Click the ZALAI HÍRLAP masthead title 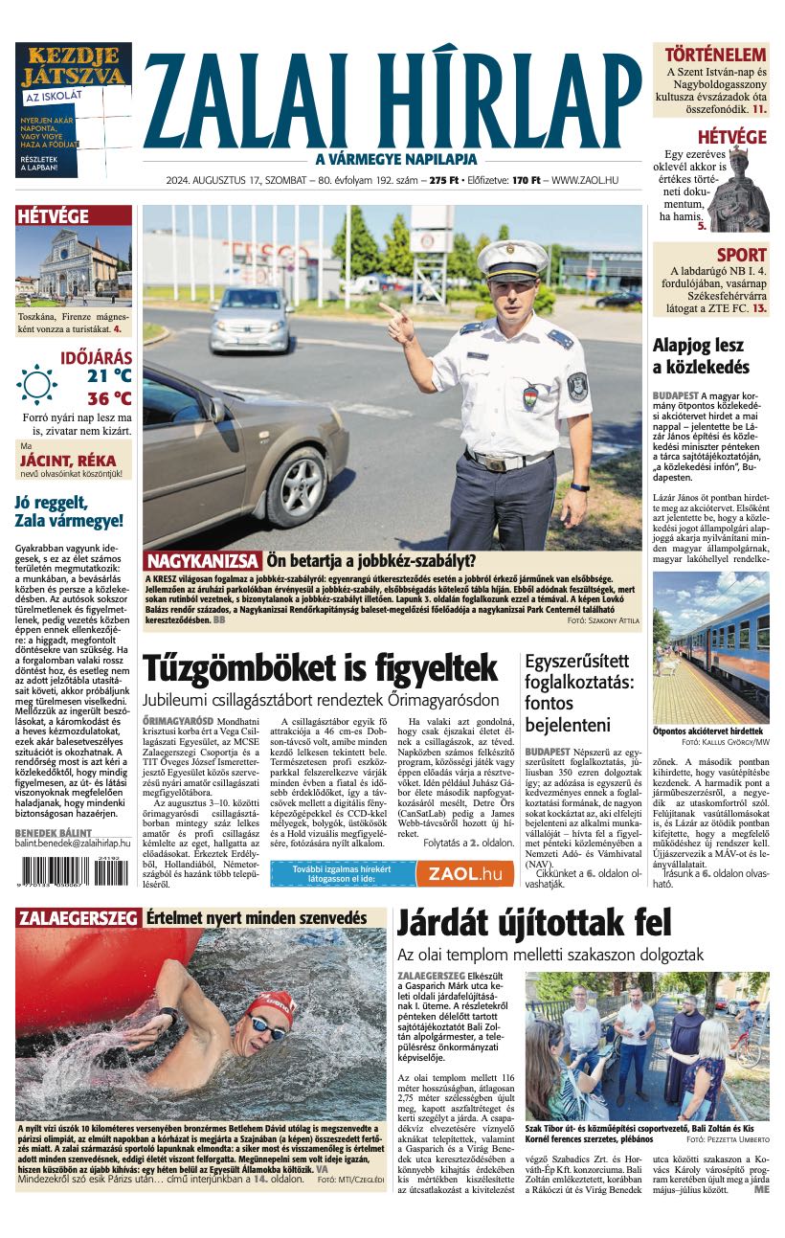(x=392, y=100)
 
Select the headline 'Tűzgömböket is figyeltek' (x=320, y=667)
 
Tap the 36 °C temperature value (x=109, y=398)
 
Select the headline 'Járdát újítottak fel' (x=534, y=924)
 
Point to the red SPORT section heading (x=742, y=255)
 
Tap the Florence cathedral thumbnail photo (x=74, y=266)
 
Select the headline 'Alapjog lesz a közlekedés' (x=701, y=356)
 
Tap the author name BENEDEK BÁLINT (x=54, y=833)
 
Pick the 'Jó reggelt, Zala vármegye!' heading (x=69, y=511)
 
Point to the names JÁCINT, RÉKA (x=69, y=460)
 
